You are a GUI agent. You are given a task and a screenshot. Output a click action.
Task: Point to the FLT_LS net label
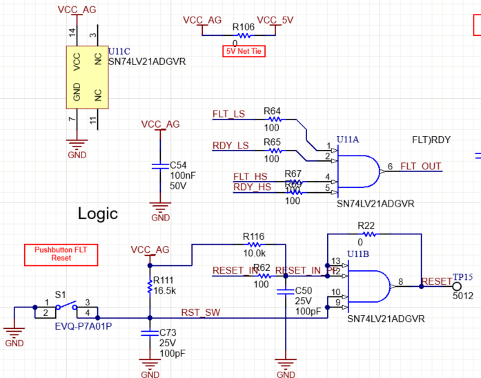(228, 113)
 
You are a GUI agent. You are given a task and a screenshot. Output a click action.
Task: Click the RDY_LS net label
(230, 145)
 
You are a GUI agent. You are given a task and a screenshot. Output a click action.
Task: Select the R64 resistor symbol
(273, 119)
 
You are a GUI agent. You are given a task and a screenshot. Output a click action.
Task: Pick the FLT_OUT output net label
(421, 167)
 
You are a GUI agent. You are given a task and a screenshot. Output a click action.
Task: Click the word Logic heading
(97, 214)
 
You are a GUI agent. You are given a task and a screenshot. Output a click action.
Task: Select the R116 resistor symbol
(255, 244)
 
